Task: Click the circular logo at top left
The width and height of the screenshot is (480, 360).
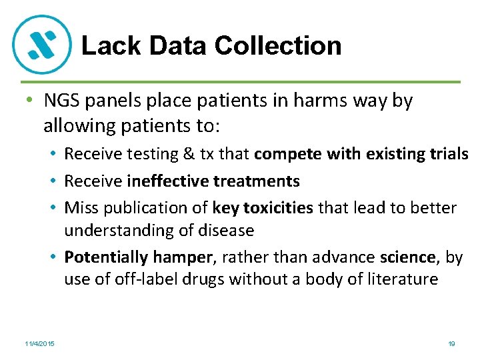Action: [42, 44]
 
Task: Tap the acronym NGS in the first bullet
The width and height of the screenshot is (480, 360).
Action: [62, 101]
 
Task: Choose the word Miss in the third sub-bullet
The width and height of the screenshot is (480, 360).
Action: [81, 208]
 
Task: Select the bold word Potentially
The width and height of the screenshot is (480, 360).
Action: [106, 257]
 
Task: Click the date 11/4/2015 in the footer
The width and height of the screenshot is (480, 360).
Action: [41, 343]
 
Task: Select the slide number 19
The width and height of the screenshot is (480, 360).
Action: [451, 343]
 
